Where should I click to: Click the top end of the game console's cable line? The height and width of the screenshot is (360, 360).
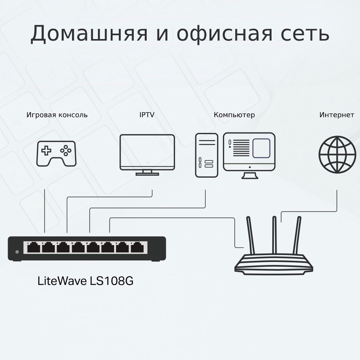[x=44, y=190]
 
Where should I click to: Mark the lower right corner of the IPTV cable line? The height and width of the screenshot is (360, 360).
[x=152, y=197]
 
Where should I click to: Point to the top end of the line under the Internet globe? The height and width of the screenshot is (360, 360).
[x=337, y=190]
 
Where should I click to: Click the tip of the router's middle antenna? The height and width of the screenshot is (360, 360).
[x=274, y=217]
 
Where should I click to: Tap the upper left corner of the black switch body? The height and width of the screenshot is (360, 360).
[x=8, y=237]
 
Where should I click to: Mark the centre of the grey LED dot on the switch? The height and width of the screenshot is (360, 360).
[x=17, y=252]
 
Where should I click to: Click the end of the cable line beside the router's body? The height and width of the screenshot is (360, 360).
[x=244, y=247]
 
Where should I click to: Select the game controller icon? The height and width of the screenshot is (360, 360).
[x=56, y=154]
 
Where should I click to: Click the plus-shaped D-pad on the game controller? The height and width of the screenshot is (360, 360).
[x=46, y=151]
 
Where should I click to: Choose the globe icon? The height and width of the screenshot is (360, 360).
[x=337, y=154]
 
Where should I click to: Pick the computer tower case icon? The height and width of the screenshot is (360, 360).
[x=207, y=155]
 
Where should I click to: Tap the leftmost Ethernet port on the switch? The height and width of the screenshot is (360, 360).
[x=34, y=247]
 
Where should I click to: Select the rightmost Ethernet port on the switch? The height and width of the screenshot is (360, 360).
[x=137, y=247]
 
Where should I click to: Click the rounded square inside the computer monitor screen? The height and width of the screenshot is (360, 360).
[x=261, y=148]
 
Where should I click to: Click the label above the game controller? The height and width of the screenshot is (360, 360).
[x=57, y=115]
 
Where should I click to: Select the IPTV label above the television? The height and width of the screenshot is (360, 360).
[x=147, y=115]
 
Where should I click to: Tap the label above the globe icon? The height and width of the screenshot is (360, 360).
[x=337, y=115]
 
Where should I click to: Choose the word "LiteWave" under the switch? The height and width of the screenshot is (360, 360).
[x=62, y=281]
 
